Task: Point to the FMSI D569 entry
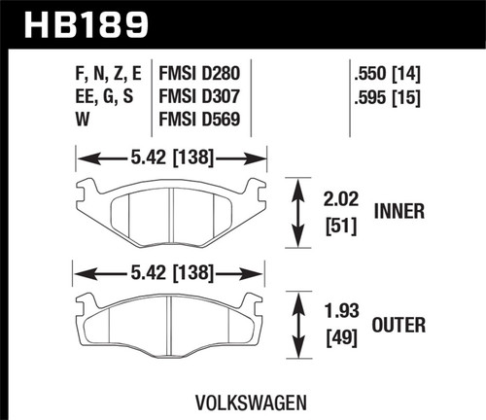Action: (x=202, y=121)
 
